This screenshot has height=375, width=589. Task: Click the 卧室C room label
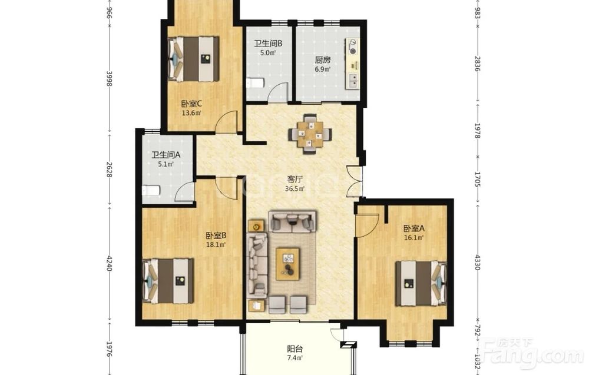[191, 104]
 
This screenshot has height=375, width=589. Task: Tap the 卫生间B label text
[268, 44]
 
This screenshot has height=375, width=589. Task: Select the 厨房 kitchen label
[323, 59]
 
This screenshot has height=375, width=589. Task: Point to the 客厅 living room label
[294, 179]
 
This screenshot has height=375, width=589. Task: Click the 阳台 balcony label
[295, 349]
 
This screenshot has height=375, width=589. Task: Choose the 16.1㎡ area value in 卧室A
[414, 238]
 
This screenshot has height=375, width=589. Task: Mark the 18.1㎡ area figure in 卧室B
[216, 245]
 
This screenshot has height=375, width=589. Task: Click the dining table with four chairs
[310, 134]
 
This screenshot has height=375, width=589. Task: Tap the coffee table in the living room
[288, 264]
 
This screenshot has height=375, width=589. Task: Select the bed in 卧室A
[421, 284]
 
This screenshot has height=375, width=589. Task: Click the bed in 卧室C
[193, 58]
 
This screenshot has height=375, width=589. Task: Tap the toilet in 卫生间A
[151, 190]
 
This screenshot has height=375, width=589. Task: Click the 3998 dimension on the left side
[110, 79]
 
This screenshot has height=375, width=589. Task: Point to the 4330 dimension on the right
[478, 262]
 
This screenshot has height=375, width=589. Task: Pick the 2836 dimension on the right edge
[478, 64]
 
